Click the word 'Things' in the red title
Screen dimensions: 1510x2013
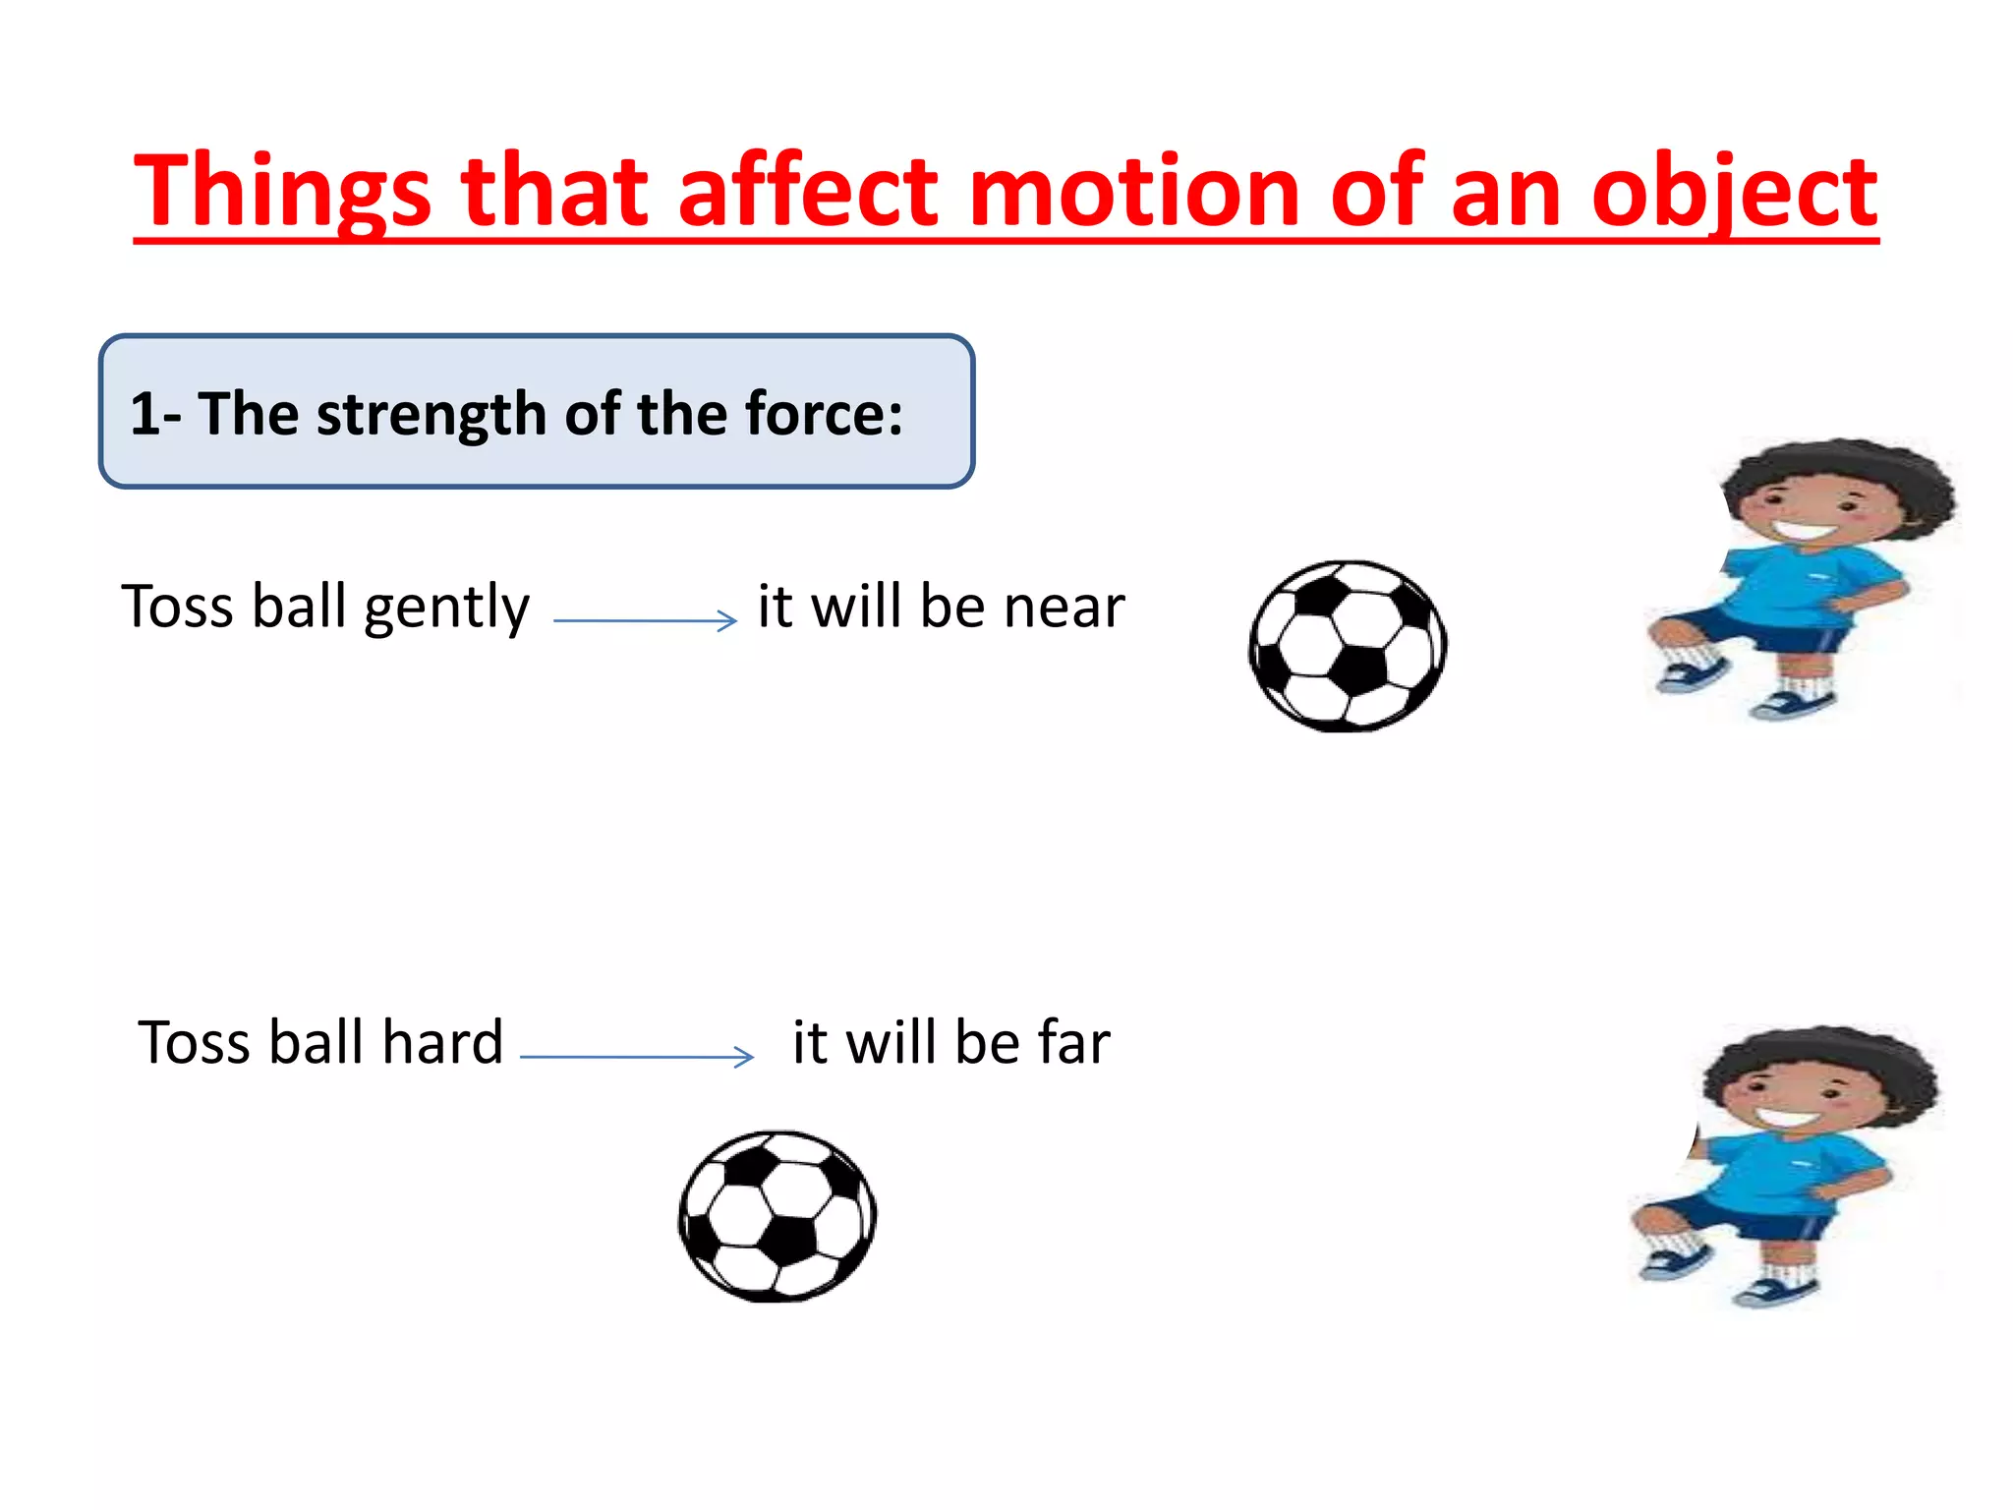coord(282,192)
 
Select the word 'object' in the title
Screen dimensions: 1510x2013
coord(1734,192)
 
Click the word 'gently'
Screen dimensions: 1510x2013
coord(446,609)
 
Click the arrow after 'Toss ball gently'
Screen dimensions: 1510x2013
coord(645,620)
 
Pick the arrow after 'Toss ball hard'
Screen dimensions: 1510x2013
coord(637,1057)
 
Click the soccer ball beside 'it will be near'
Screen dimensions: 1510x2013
coord(1348,646)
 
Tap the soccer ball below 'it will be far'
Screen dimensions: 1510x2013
coord(777,1216)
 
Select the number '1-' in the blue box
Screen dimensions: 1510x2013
coord(154,414)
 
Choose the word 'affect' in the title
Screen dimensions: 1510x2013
coord(807,192)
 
